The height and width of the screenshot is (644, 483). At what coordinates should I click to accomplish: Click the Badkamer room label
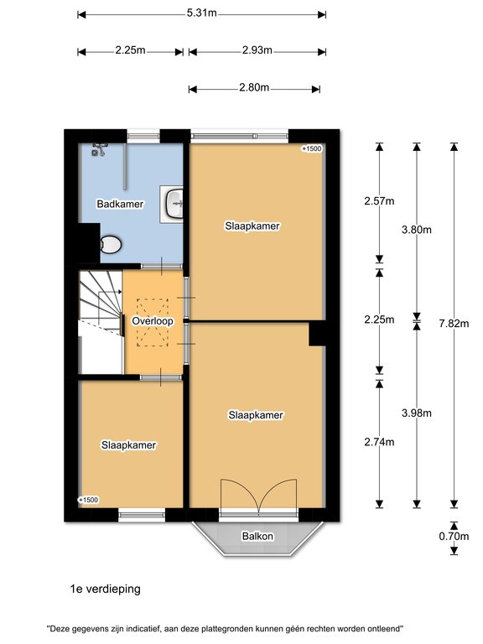point(120,204)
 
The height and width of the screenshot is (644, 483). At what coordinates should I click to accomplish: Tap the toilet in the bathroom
point(111,245)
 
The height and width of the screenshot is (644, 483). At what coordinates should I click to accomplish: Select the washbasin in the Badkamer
point(174,204)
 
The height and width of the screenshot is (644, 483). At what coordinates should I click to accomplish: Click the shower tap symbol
point(100,149)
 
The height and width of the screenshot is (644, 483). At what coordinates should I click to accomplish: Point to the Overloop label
point(153,321)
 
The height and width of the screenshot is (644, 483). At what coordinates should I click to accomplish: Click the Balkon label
point(257,536)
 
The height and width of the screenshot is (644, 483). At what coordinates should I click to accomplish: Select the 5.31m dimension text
point(201,13)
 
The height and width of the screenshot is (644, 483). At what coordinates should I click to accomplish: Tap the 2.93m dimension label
point(257,50)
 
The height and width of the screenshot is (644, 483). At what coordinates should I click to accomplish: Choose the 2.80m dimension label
point(254,87)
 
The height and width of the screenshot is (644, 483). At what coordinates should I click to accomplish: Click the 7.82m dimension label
point(454,323)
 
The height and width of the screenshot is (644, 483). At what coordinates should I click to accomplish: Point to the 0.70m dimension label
point(454,536)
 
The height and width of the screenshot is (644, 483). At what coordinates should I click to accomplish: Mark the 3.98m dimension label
point(417,413)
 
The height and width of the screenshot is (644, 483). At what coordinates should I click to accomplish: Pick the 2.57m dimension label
point(379,201)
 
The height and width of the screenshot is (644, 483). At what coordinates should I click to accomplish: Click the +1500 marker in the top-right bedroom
point(312,148)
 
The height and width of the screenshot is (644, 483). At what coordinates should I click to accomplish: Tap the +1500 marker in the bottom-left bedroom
point(88,500)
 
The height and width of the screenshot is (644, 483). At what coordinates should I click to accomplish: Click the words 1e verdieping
point(106,589)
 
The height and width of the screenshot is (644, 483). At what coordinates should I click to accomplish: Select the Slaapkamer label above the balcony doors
point(256,415)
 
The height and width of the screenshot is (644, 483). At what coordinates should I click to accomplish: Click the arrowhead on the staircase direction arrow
point(120,292)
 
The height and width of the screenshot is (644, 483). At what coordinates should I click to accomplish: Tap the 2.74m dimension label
point(379,442)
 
